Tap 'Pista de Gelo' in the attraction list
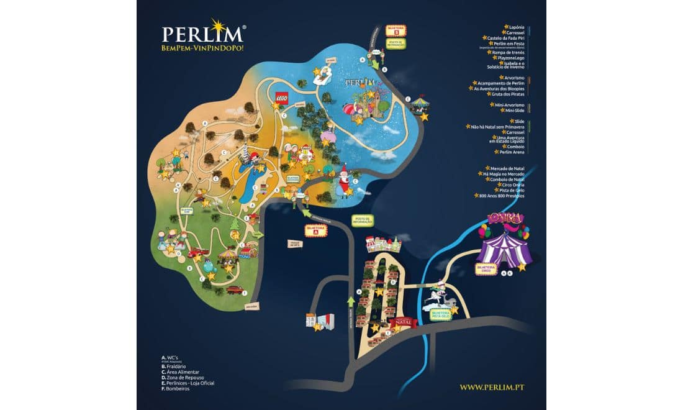512,190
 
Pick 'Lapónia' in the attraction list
516,27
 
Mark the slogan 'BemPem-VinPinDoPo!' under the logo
202,47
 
